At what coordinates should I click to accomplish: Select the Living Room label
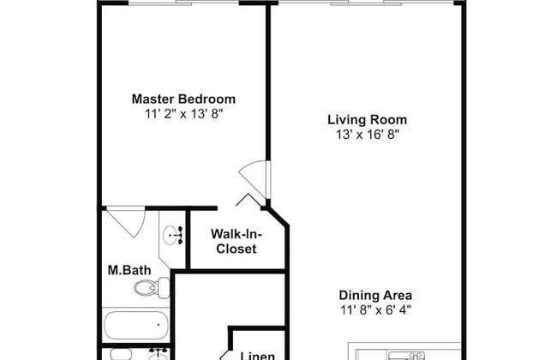point(367,120)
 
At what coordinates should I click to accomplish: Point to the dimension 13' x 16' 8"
point(367,135)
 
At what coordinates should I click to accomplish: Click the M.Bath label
point(129,271)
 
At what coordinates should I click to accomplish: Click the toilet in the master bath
point(147,288)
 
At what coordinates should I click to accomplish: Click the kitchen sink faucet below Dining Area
point(416,354)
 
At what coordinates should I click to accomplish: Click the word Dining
point(356,295)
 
